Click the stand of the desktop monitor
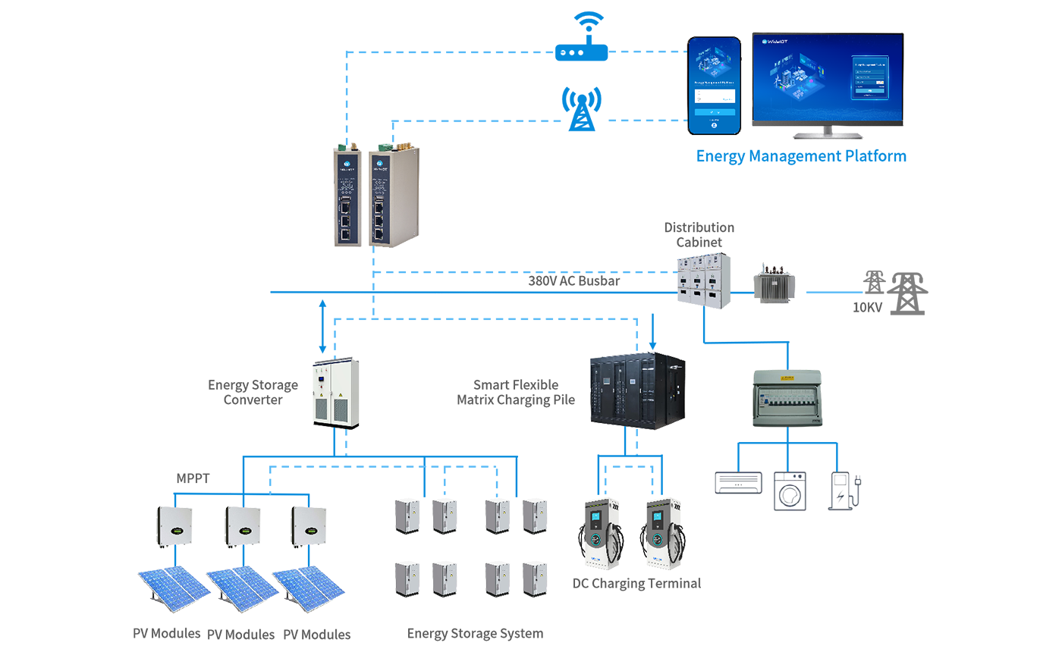tap(827, 131)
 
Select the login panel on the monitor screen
tap(869, 77)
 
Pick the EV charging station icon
tap(843, 491)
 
